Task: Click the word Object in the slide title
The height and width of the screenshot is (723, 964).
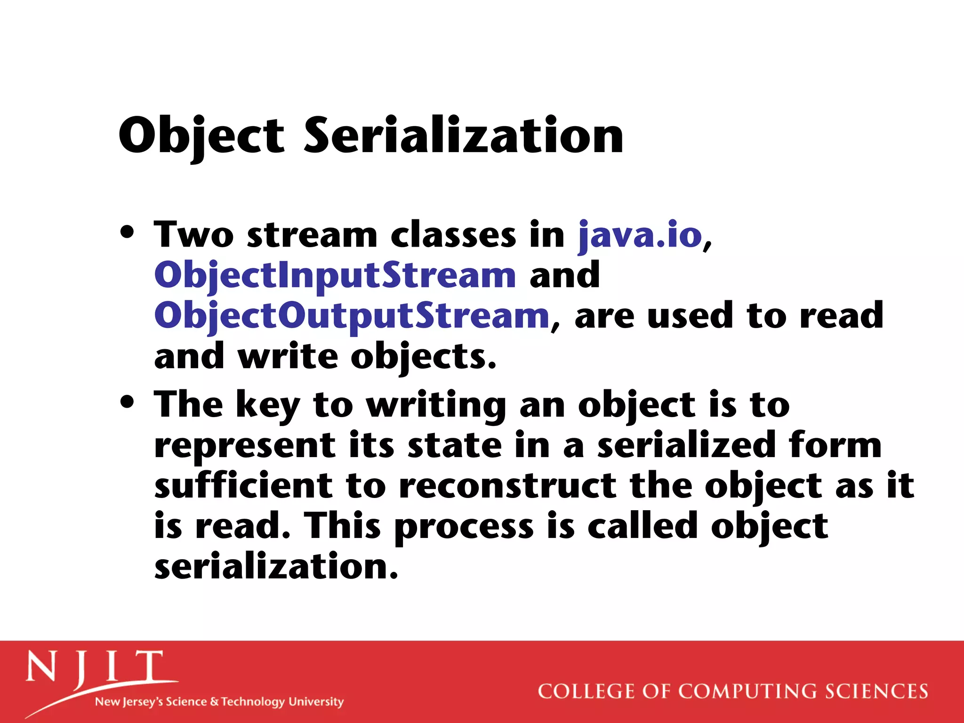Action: [x=201, y=137]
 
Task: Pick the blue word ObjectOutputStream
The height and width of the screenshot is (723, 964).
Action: [x=352, y=316]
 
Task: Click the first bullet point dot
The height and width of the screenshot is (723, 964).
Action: [x=127, y=232]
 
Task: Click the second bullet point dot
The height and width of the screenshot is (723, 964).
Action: [x=127, y=402]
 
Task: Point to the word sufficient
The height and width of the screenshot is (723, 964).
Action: [x=243, y=486]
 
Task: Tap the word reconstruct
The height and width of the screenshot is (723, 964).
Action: [x=507, y=486]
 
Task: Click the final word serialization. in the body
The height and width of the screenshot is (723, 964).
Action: [x=276, y=567]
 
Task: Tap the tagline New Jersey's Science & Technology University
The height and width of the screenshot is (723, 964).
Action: [x=219, y=702]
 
